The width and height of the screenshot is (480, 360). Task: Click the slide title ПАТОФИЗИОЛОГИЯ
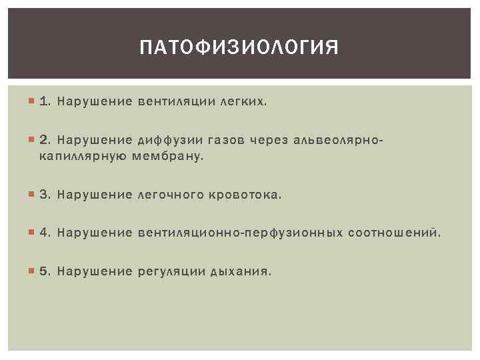[239, 49]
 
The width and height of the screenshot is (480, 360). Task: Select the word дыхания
[241, 272]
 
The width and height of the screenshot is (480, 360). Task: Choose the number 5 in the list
[44, 272]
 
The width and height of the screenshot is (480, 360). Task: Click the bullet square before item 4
[32, 233]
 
